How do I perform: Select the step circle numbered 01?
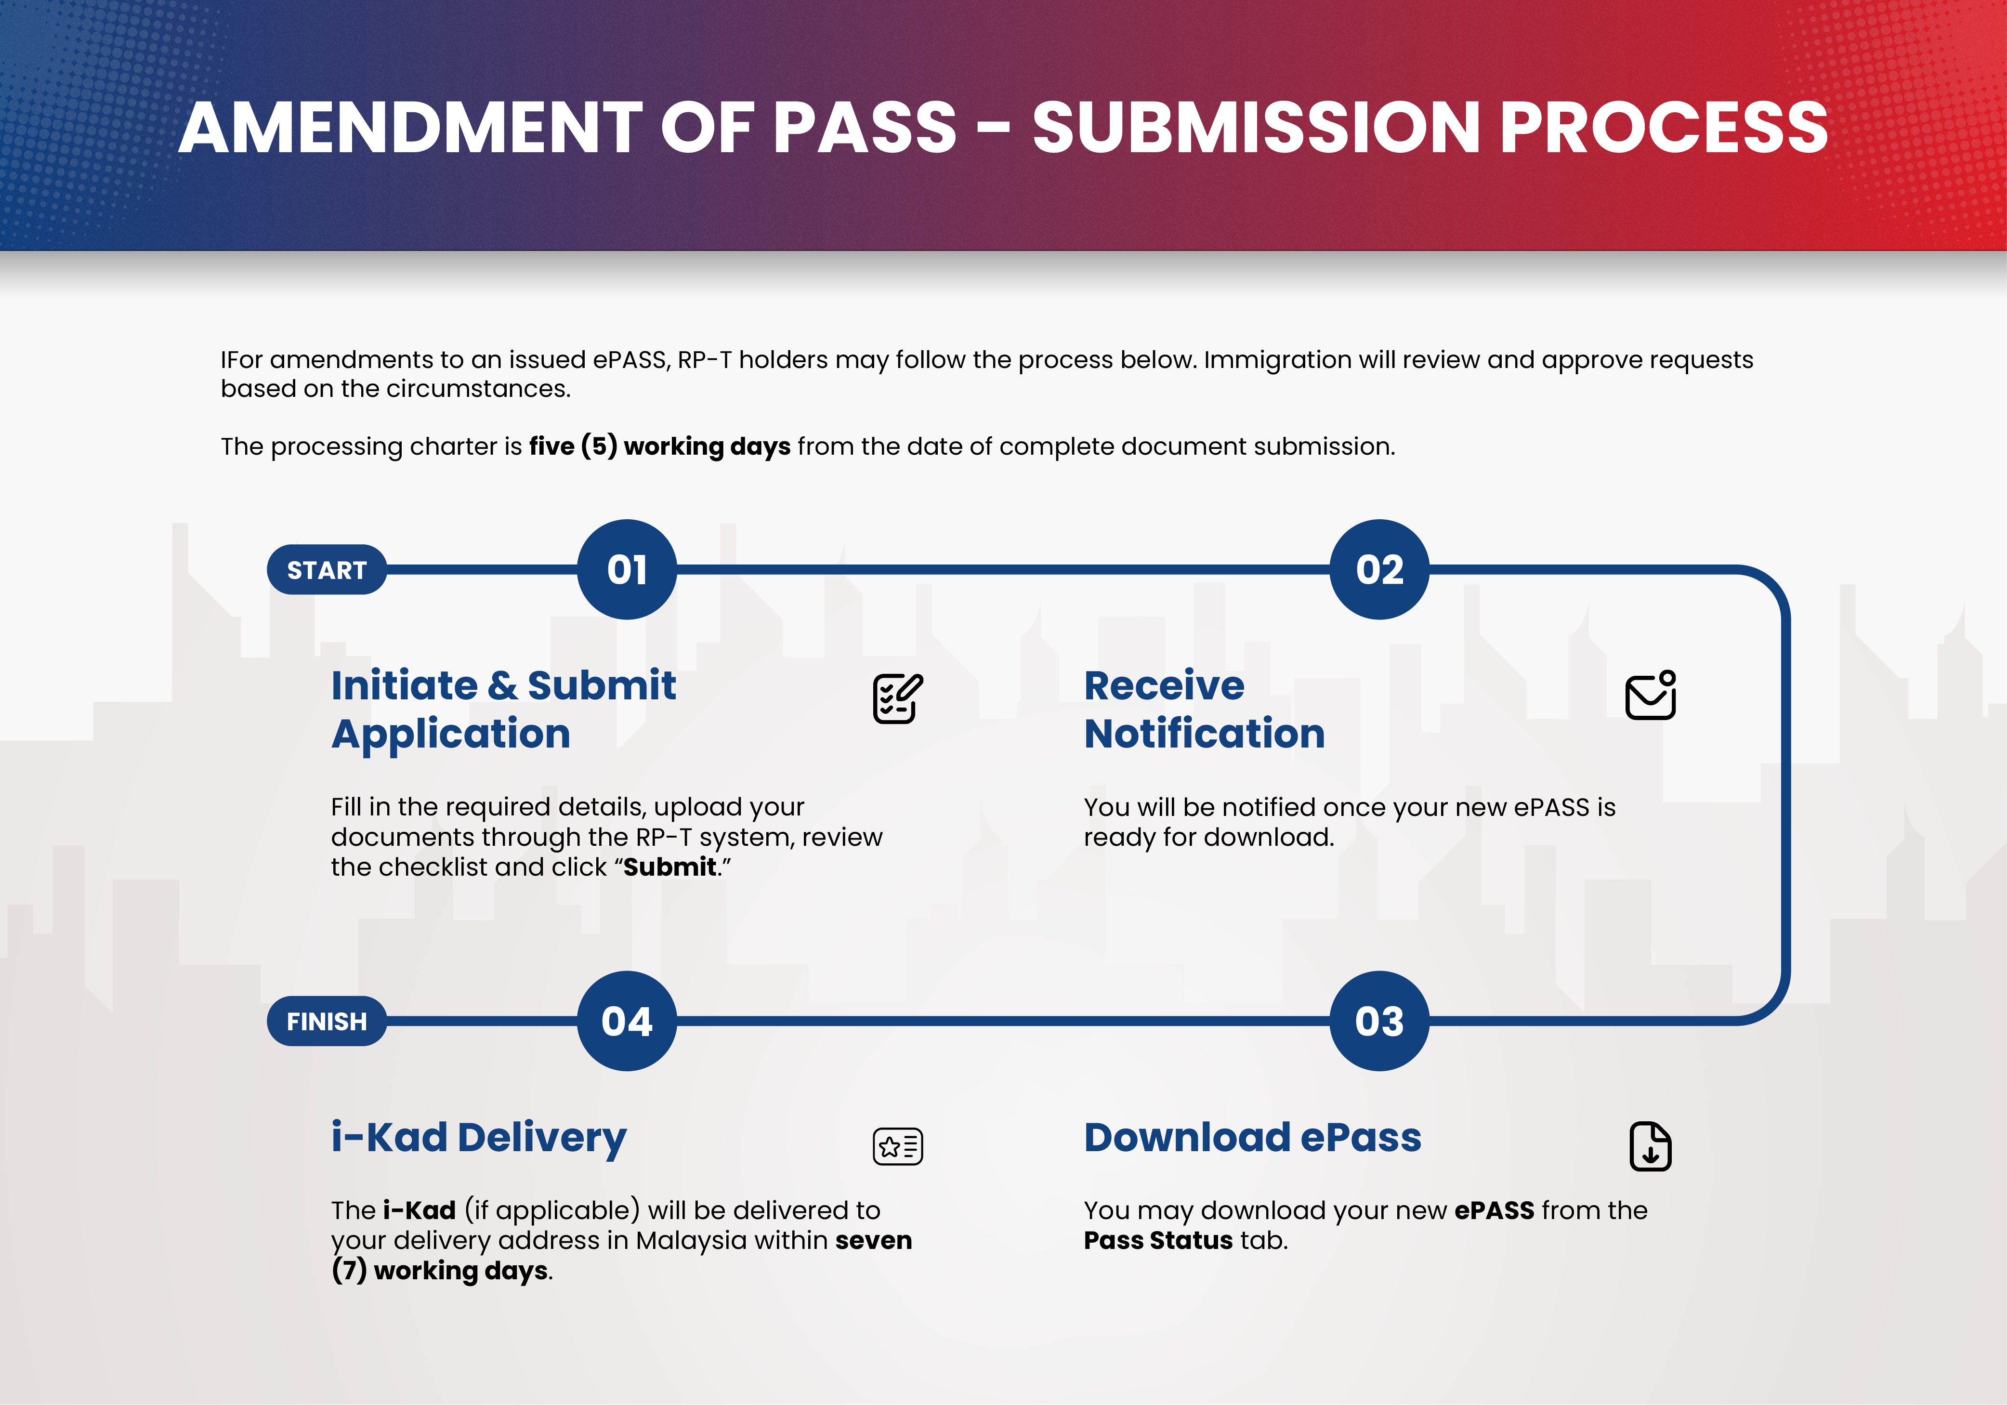(627, 570)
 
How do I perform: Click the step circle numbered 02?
(1379, 570)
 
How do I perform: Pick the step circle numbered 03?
(1379, 1021)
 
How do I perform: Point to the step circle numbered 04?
(627, 1021)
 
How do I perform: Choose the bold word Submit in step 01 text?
(669, 867)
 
